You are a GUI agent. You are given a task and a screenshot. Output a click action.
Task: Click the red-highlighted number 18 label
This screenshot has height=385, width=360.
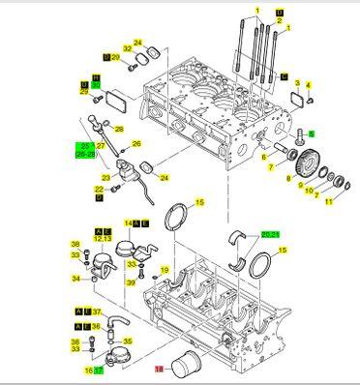[160, 369]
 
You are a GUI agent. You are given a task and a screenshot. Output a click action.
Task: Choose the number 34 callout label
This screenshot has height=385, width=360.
[75, 279]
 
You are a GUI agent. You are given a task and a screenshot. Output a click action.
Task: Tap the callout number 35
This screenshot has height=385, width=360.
[129, 341]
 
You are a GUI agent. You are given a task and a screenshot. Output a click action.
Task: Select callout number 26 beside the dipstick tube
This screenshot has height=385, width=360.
[136, 144]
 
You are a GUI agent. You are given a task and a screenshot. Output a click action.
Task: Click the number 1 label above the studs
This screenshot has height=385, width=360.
[257, 11]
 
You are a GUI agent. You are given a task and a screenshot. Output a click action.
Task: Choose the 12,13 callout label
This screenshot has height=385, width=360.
[104, 238]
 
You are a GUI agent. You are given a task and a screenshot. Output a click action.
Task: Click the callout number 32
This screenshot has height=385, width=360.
[127, 49]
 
